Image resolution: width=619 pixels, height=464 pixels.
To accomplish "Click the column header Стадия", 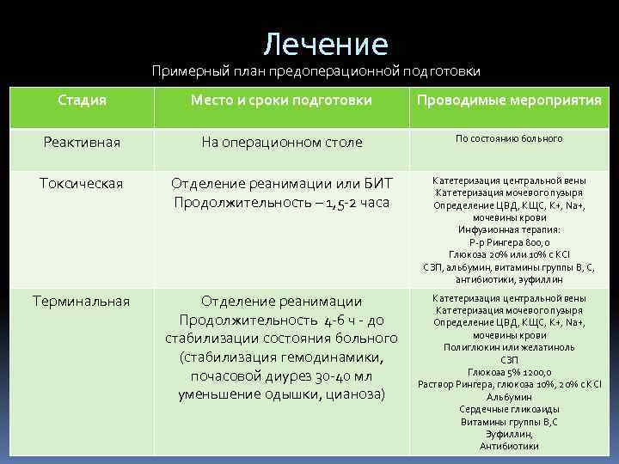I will (83, 101).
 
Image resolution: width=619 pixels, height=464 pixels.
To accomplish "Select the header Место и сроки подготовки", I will (281, 101).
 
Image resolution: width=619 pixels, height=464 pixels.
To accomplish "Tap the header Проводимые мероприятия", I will (509, 101).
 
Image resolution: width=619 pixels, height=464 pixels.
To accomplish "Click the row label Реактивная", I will (83, 141).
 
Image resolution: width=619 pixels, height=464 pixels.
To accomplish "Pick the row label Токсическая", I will (83, 183).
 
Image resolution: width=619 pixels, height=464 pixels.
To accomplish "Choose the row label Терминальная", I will (83, 301).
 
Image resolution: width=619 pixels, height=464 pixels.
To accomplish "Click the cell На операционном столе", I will (281, 142).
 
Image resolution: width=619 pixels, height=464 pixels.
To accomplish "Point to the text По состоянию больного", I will (509, 137).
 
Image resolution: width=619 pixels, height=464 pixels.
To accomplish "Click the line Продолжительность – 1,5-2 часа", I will (281, 202).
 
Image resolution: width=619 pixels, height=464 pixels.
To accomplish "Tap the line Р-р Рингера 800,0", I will (509, 243).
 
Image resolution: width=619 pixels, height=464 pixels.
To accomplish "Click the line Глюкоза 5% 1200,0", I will (509, 371).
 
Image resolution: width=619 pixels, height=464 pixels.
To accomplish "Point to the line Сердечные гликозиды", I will (509, 408).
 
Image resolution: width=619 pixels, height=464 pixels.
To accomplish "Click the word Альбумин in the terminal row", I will (509, 396).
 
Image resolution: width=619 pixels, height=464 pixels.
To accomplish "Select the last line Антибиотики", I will (509, 445).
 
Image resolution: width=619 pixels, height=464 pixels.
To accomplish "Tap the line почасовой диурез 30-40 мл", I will (281, 375).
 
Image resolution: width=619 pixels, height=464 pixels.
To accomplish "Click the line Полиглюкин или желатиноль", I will (509, 347).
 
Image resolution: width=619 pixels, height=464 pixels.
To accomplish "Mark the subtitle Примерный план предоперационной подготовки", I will (316, 70).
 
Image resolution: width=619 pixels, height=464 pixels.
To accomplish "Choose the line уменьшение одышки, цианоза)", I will (281, 394).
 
